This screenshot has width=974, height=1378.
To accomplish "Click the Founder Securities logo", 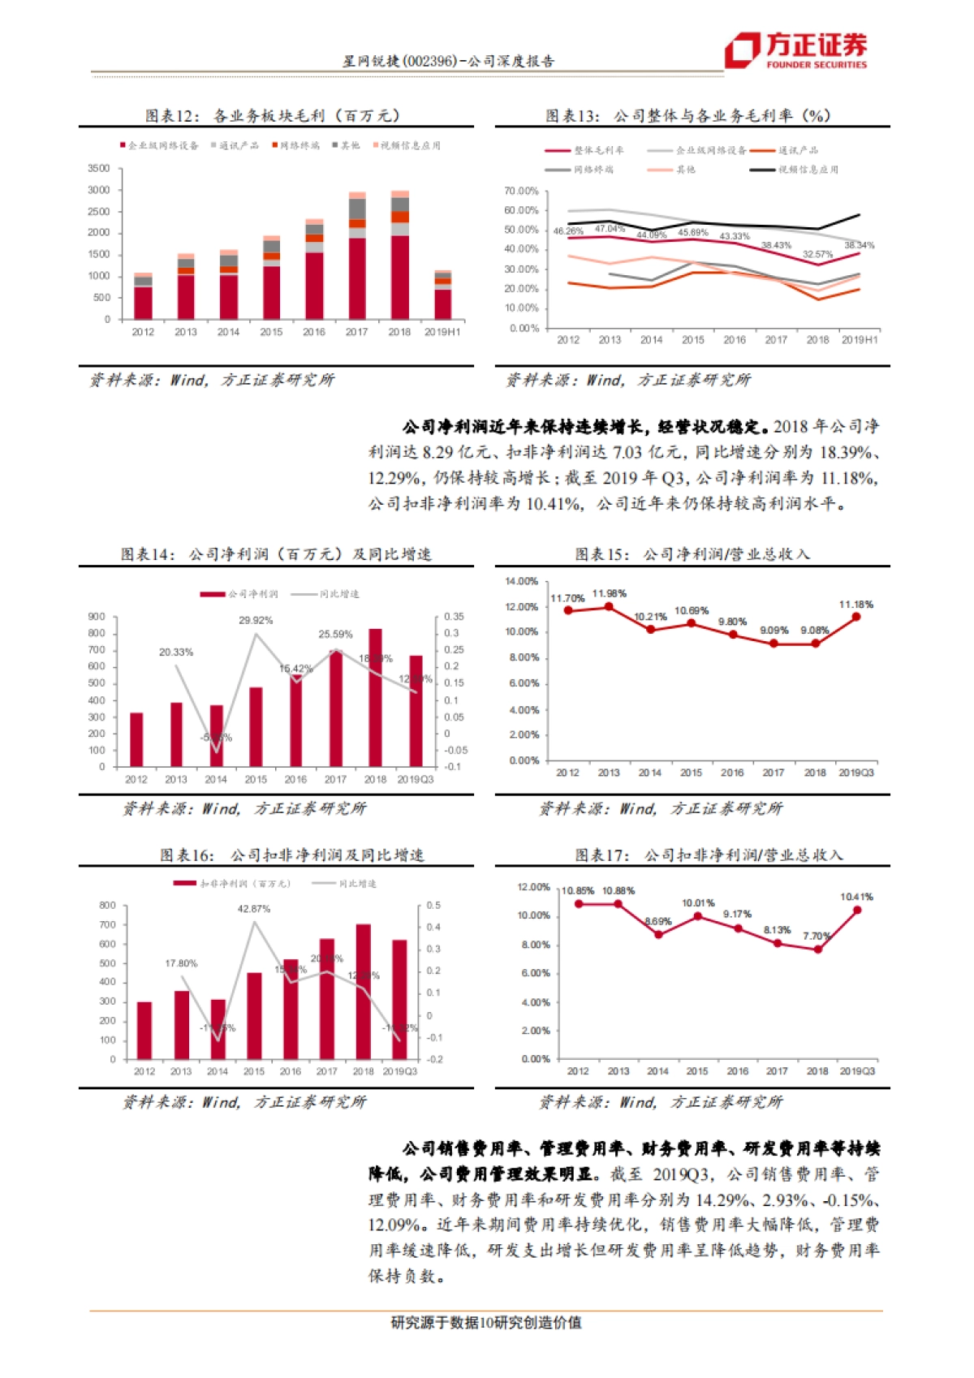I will [795, 50].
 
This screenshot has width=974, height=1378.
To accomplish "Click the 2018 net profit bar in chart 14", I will [375, 698].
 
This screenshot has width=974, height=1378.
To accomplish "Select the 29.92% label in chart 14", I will [256, 621].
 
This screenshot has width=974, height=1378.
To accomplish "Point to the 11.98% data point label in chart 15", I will [609, 594].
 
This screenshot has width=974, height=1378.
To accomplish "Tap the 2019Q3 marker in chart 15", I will [856, 618].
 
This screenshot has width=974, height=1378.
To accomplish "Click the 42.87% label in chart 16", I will [254, 910].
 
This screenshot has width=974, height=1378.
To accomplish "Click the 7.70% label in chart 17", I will [817, 937].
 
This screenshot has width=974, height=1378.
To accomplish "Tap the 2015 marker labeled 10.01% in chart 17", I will [698, 916].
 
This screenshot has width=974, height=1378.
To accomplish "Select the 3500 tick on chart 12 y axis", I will [99, 169].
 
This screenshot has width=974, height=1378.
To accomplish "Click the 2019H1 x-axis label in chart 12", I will [442, 332].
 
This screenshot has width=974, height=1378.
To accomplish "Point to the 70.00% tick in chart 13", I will [521, 192].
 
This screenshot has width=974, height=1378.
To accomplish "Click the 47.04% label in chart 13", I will [610, 229].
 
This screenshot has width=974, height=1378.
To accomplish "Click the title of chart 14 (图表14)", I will [276, 554].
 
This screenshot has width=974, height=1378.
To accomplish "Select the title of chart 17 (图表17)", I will [709, 855].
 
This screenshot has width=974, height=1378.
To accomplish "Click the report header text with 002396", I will [448, 62].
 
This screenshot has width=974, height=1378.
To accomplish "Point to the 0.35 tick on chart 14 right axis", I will [454, 618].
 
